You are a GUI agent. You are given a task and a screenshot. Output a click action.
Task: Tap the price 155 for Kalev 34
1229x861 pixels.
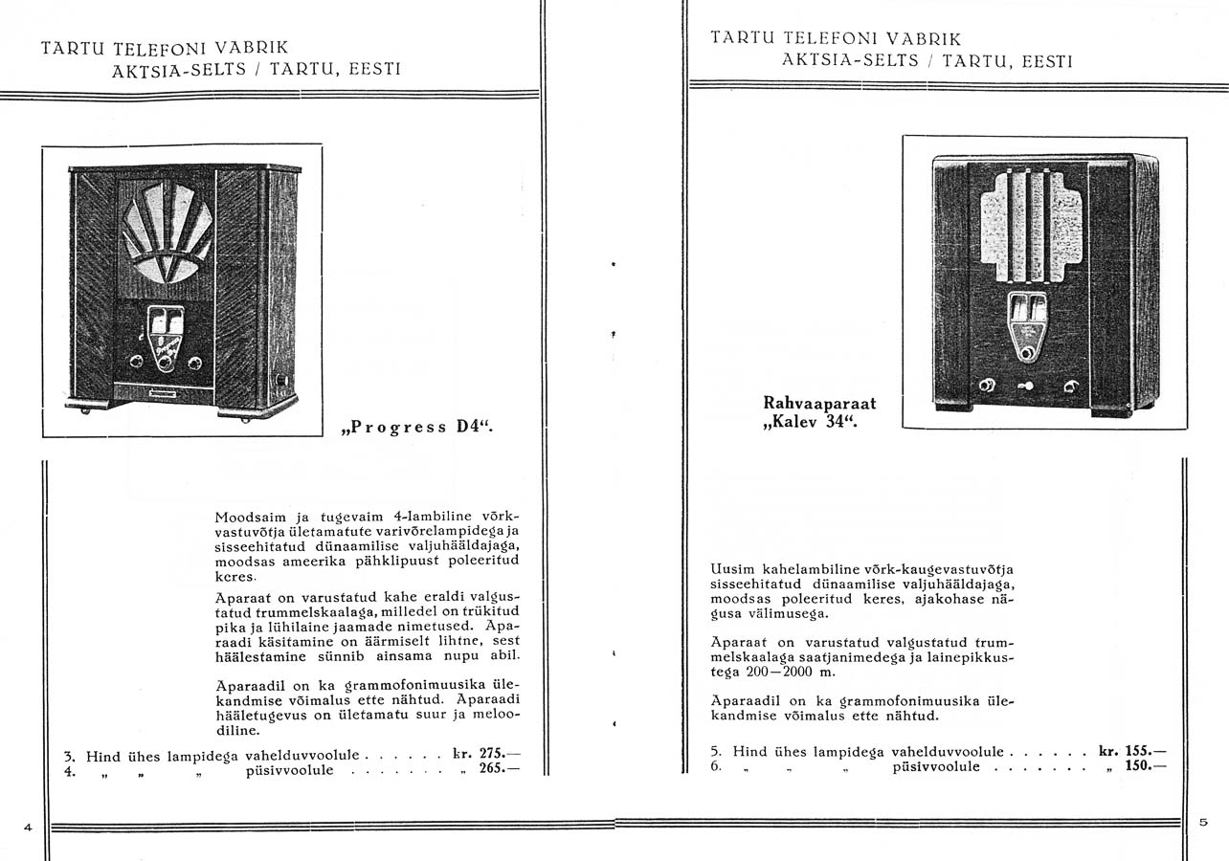pyautogui.click(x=1138, y=751)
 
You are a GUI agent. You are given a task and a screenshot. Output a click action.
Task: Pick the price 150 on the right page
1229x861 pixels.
pyautogui.click(x=1138, y=766)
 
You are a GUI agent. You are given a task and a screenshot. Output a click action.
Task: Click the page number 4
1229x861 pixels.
pyautogui.click(x=29, y=827)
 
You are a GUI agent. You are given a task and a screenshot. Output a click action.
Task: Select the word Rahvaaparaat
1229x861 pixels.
pyautogui.click(x=819, y=404)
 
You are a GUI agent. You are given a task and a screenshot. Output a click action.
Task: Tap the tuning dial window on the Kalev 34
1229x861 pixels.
pyautogui.click(x=1028, y=309)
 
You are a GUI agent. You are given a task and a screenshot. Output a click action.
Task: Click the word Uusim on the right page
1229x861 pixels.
pyautogui.click(x=731, y=566)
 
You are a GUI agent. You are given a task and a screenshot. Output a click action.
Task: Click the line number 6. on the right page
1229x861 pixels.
pyautogui.click(x=716, y=766)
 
